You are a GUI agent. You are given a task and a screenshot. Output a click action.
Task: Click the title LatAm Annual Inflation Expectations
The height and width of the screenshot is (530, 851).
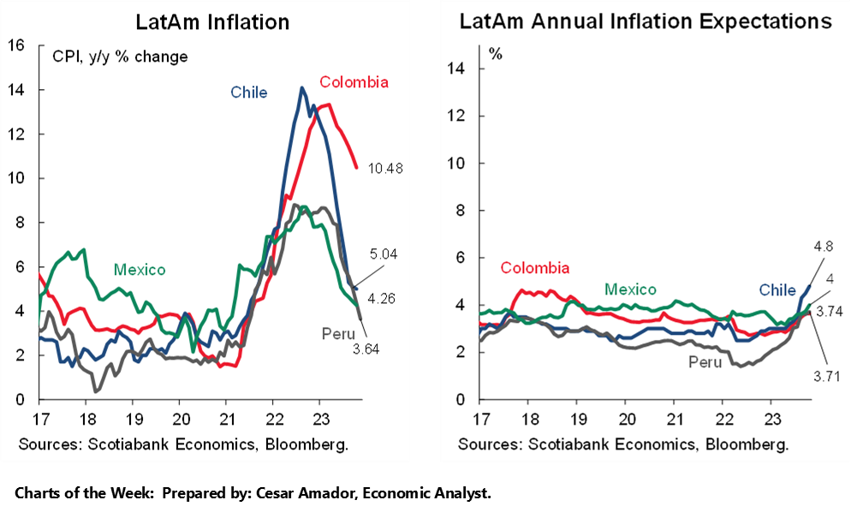(646, 21)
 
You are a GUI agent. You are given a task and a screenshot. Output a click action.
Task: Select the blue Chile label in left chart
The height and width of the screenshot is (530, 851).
(248, 92)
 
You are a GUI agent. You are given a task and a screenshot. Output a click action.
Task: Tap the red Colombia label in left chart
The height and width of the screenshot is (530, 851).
(354, 82)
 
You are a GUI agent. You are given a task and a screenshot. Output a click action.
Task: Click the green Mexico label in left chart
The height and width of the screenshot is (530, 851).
(140, 270)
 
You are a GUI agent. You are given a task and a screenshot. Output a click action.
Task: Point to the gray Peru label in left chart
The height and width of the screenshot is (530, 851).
(339, 331)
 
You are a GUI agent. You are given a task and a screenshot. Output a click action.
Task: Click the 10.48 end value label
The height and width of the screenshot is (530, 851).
(386, 168)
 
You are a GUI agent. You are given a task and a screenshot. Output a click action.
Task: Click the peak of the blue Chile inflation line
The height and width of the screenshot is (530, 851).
(301, 87)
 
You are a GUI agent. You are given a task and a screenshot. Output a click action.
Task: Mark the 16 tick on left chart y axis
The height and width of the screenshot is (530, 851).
(16, 45)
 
